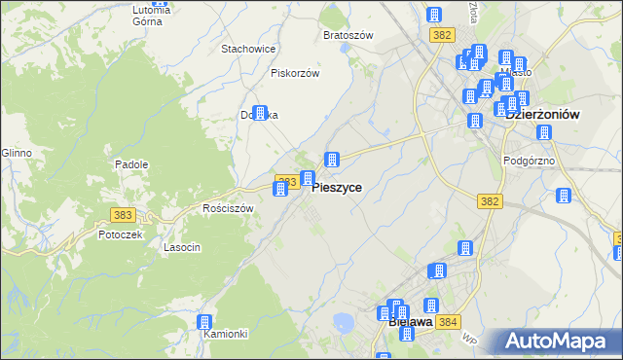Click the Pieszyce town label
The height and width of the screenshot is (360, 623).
tap(338, 188)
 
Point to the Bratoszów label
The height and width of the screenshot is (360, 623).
tap(348, 35)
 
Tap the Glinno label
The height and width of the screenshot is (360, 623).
tap(17, 153)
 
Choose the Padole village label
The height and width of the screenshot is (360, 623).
tap(131, 164)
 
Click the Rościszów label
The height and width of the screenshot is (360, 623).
tap(228, 208)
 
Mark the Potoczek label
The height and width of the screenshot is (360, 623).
tap(121, 234)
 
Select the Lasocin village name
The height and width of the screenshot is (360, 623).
tap(182, 247)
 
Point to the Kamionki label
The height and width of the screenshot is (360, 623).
tap(227, 334)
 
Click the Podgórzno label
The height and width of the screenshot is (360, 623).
tap(529, 161)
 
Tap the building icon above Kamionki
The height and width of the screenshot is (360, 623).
tap(204, 322)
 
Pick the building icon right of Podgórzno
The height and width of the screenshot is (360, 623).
tap(563, 197)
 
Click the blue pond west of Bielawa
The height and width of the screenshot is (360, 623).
tap(342, 322)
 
